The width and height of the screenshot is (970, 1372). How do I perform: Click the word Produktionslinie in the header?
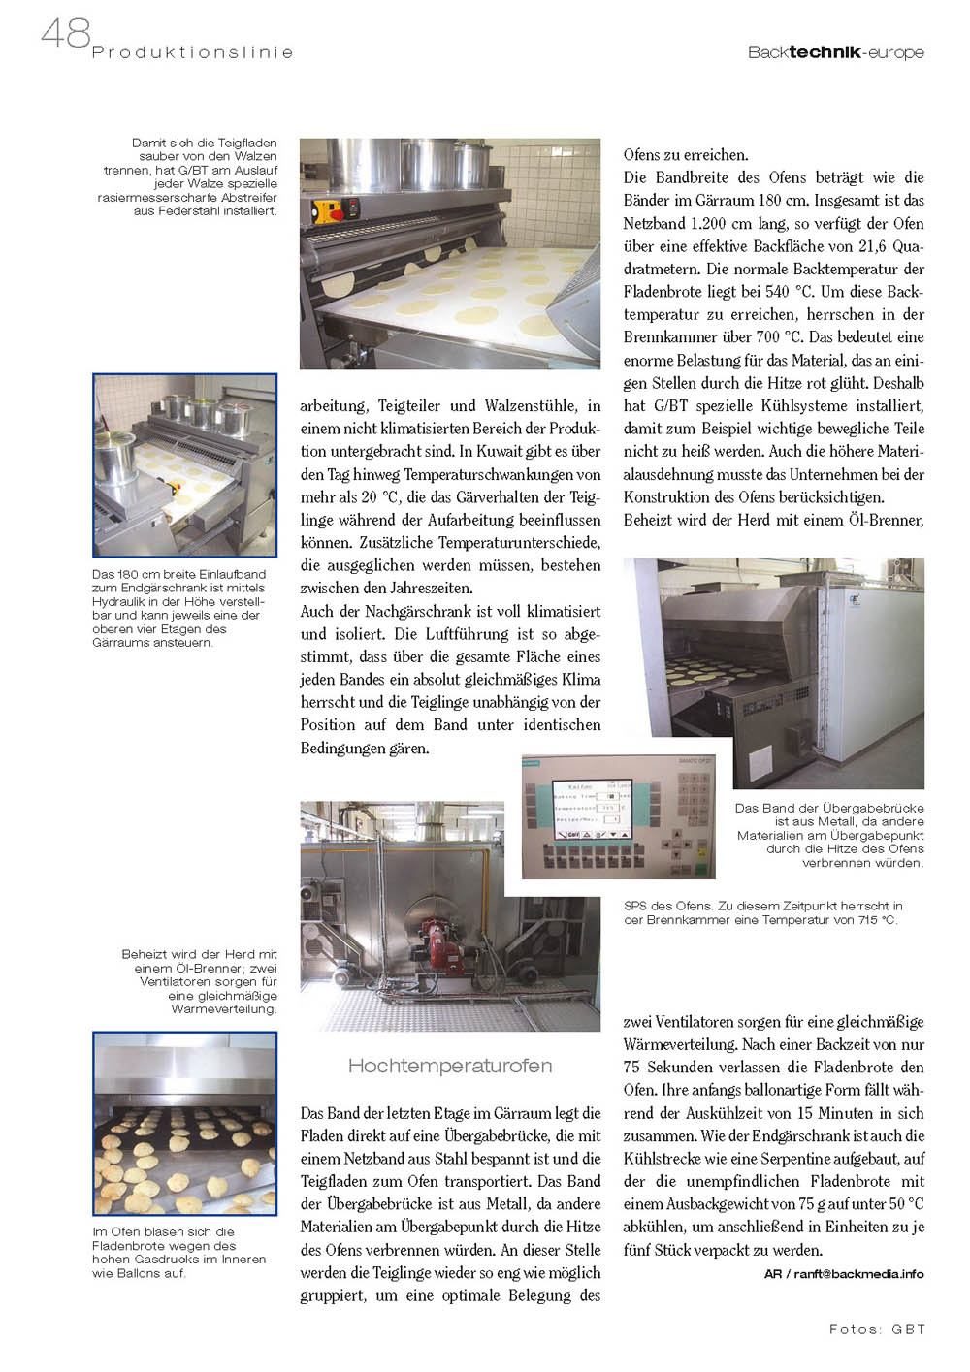[192, 52]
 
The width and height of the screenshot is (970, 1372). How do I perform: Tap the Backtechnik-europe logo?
[835, 52]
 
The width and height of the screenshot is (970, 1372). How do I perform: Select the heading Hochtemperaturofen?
[449, 1066]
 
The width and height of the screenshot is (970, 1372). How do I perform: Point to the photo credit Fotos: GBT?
[877, 1329]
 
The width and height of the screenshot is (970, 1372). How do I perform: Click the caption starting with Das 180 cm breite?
[178, 608]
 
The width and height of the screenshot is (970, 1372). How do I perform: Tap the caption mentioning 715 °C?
[762, 912]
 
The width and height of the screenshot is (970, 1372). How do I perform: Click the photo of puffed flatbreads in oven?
[184, 1123]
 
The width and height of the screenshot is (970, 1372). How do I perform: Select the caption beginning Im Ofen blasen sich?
[178, 1252]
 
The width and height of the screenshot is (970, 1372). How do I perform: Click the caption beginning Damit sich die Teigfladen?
[188, 176]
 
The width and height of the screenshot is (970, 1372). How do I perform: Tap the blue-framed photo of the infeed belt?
[184, 465]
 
